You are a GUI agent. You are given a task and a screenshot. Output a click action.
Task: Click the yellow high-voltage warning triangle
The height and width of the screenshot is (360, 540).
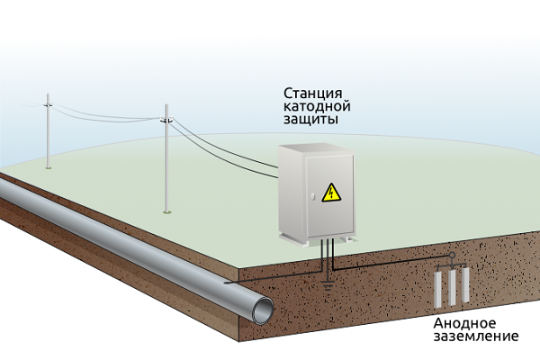tap(330, 192)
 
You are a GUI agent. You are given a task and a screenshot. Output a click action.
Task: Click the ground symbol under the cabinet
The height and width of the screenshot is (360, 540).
tap(326, 286)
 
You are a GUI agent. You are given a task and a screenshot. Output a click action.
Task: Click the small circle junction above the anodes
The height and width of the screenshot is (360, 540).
tap(453, 265)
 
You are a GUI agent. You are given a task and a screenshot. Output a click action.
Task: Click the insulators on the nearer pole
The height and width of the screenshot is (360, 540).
tap(166, 119)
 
